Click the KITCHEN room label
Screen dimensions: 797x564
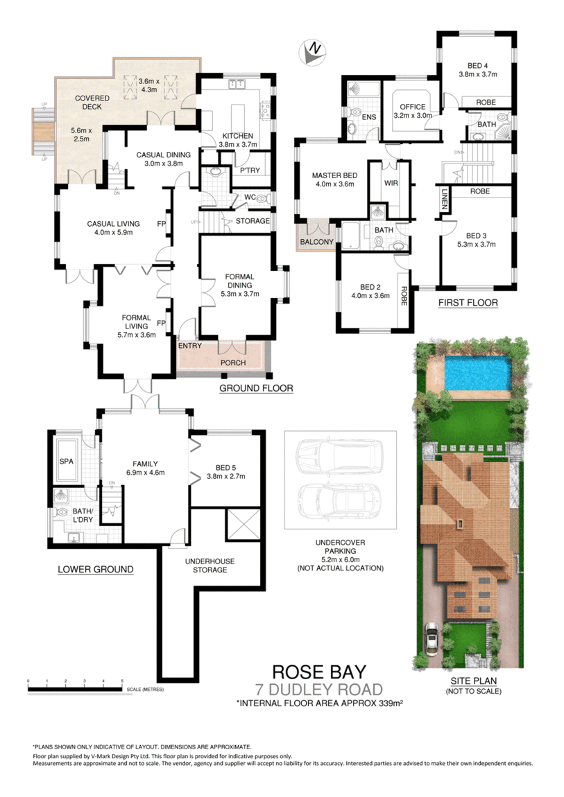point(238,135)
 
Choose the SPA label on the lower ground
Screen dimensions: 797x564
point(66,461)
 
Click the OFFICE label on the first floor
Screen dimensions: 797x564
point(412,106)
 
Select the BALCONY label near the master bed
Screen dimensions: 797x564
point(317,242)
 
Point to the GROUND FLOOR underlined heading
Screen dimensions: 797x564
point(256,388)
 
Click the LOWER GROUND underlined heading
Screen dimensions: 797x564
point(95,569)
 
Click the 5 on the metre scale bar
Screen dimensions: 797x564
point(123,682)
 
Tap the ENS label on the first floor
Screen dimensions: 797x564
point(368,118)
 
